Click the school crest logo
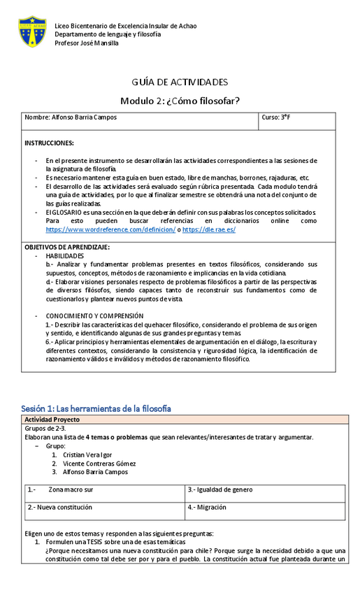(32, 32)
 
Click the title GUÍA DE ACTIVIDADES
(180, 82)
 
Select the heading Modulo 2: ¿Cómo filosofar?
(180, 101)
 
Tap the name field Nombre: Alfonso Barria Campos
(71, 117)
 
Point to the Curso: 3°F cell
(276, 117)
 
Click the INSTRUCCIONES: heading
(49, 143)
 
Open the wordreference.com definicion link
(110, 229)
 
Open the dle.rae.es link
(214, 229)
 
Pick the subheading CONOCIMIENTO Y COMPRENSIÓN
(94, 316)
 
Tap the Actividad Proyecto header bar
(52, 420)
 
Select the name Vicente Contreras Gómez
(99, 463)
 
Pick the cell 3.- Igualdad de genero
(220, 490)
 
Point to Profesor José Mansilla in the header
(87, 43)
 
